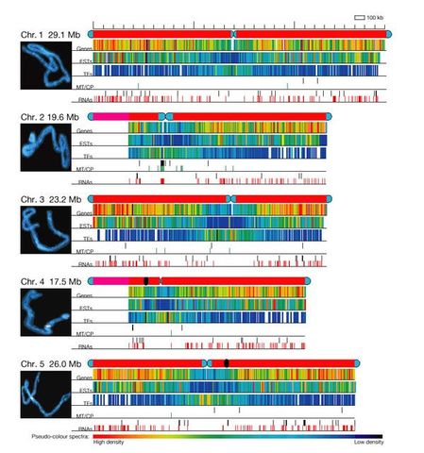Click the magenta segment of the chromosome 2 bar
[110, 115]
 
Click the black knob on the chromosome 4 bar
[145, 281]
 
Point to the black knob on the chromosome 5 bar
[227, 363]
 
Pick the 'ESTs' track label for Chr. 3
[84, 224]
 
